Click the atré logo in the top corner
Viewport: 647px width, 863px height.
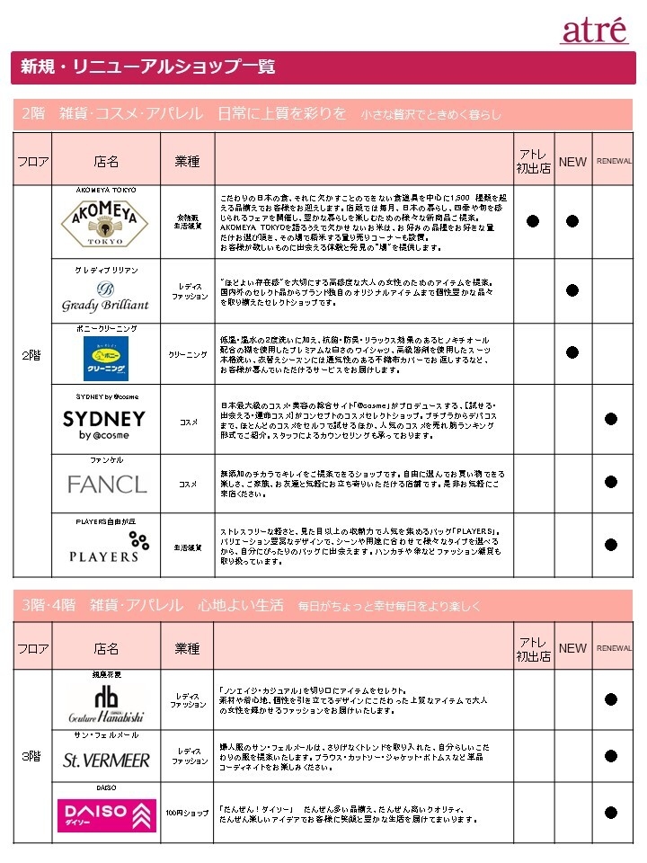[x=594, y=30]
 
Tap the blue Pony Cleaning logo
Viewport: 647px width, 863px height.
[x=105, y=358]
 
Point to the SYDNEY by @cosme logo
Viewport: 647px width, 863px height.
[x=104, y=424]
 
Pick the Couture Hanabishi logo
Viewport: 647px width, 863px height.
[x=106, y=706]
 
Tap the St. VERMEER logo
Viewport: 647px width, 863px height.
[x=106, y=761]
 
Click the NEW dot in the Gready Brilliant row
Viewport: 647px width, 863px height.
[x=572, y=289]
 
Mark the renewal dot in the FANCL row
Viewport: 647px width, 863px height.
[x=611, y=483]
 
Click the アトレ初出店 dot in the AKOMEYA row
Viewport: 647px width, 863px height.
[x=533, y=221]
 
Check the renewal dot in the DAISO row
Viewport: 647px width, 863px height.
[x=611, y=813]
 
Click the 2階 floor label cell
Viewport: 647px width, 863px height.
[x=32, y=355]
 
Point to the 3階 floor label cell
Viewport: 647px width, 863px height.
[x=32, y=756]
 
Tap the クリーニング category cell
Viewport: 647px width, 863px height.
[x=189, y=355]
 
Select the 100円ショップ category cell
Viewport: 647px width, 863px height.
[x=187, y=814]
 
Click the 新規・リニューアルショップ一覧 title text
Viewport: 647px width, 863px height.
[x=148, y=67]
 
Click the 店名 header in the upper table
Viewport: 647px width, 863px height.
[x=106, y=162]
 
